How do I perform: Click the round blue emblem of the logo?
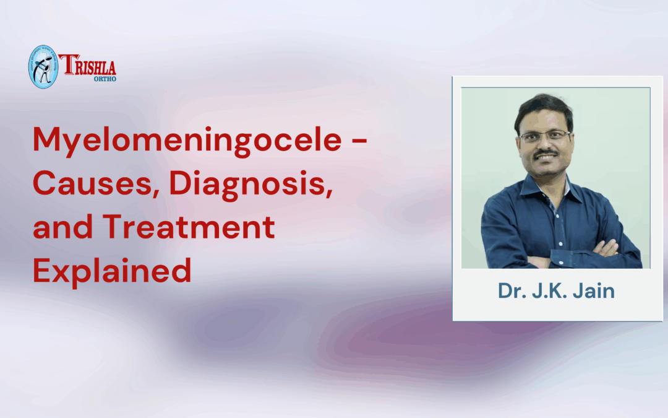click(43, 66)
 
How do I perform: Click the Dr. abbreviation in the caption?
click(511, 290)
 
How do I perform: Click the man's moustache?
click(546, 154)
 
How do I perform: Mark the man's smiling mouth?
click(547, 159)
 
